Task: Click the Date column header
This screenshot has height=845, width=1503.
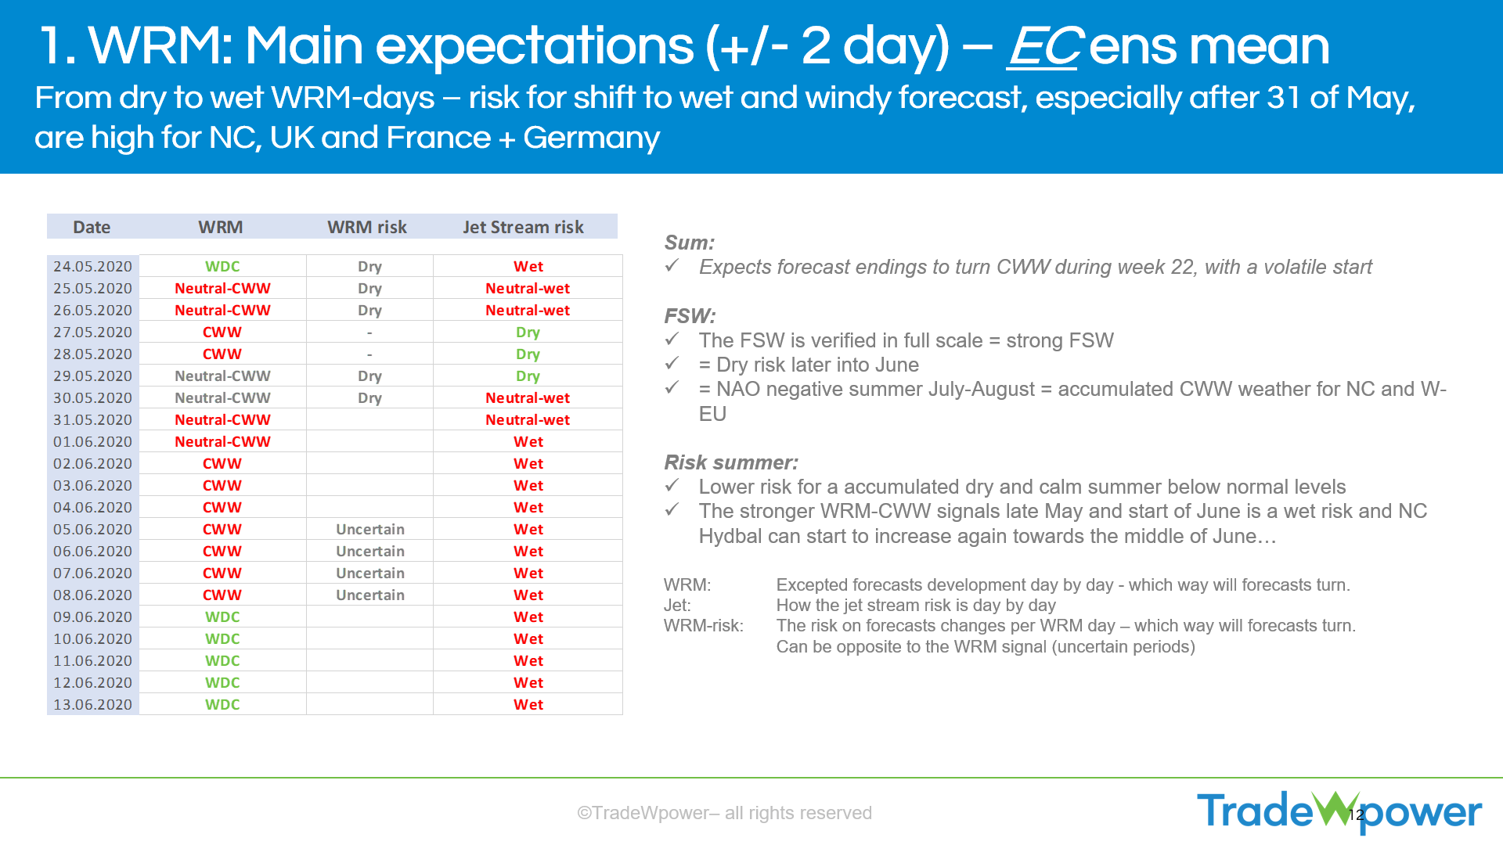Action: pos(92,227)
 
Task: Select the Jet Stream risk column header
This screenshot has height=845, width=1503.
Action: pos(523,227)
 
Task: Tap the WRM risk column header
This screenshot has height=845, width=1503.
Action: pos(367,227)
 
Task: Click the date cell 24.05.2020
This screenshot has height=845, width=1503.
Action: pos(92,266)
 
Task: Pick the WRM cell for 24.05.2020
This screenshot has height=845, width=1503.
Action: pos(222,266)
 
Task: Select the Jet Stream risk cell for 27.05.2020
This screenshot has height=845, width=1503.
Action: pos(528,333)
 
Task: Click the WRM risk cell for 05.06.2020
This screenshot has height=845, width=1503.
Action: pos(370,529)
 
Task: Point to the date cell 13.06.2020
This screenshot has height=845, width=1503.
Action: pos(92,704)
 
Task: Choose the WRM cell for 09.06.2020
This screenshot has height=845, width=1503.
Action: pos(222,617)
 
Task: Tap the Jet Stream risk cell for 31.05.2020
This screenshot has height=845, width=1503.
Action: pos(528,419)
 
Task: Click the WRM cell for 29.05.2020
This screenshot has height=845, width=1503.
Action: pos(222,376)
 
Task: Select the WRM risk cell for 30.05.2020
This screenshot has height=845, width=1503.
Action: pos(369,397)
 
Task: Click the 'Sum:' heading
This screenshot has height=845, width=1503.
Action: pos(689,243)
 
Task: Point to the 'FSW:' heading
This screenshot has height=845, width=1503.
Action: pos(690,316)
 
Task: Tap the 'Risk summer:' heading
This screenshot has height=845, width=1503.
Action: pos(731,462)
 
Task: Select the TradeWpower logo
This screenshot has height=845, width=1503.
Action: pos(1339,811)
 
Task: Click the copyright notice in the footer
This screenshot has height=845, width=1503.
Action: pos(724,813)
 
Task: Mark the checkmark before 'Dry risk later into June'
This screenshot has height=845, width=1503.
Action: pos(672,363)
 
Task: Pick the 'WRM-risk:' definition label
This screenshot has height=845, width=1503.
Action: pos(704,626)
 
